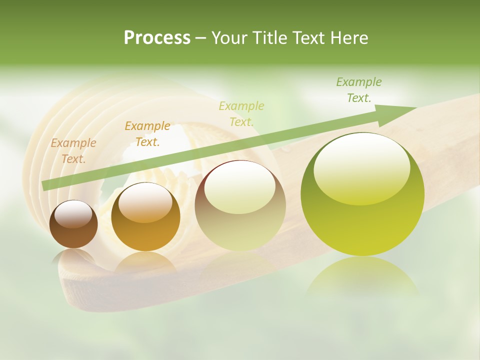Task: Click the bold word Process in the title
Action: [x=157, y=38]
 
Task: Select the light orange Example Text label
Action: [x=73, y=151]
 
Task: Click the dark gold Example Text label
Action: [x=147, y=134]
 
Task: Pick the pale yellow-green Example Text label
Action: [x=241, y=113]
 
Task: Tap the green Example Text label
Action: [x=359, y=90]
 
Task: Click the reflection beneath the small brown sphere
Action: [x=73, y=257]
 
